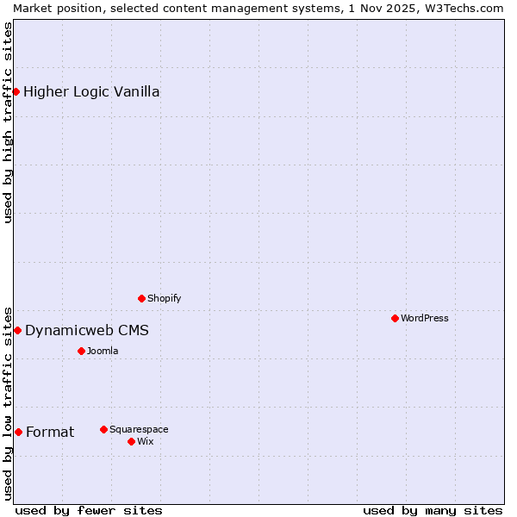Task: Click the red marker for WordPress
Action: click(x=395, y=318)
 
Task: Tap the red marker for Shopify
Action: click(x=141, y=298)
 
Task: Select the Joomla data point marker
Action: click(x=81, y=351)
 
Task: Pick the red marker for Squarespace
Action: click(x=103, y=429)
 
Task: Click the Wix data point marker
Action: click(x=131, y=441)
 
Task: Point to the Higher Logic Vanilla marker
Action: click(x=16, y=91)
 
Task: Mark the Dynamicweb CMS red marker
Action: click(x=17, y=330)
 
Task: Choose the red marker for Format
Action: click(x=18, y=432)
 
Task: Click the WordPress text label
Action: click(x=425, y=318)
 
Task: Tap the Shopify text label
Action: click(x=165, y=298)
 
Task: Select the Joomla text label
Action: click(x=103, y=351)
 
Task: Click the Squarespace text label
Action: click(x=139, y=429)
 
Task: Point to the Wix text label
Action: click(x=146, y=441)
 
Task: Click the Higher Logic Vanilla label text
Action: click(x=91, y=91)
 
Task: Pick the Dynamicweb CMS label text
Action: click(x=87, y=330)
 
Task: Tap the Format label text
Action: click(x=50, y=432)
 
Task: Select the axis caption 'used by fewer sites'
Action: click(x=89, y=510)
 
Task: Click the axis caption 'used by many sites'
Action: click(x=433, y=510)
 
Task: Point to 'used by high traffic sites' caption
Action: click(x=8, y=122)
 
